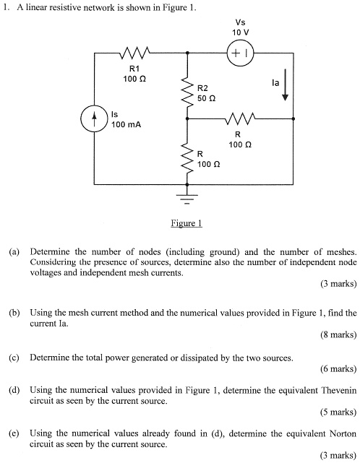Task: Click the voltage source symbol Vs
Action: tap(239, 53)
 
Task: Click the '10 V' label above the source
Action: tap(240, 33)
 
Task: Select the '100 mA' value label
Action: tap(126, 124)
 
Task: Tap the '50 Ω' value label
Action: tap(207, 97)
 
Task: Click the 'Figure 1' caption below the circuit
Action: tap(186, 223)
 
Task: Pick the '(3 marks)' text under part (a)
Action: tap(338, 284)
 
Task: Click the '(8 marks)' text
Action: tap(338, 334)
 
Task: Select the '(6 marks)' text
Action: tap(338, 368)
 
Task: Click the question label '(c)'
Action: tap(14, 357)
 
